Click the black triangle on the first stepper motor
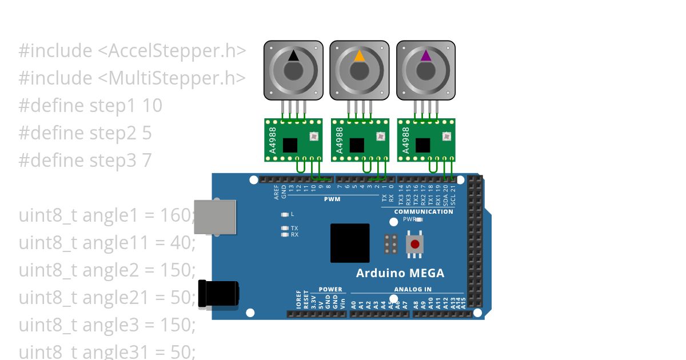[x=293, y=55]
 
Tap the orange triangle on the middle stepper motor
[x=360, y=55]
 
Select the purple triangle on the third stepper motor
[x=426, y=55]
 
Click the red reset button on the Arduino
[x=415, y=244]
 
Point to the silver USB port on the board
[x=214, y=217]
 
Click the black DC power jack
[x=218, y=294]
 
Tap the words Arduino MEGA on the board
[x=400, y=273]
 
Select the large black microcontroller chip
[x=350, y=243]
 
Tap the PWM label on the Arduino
[x=332, y=199]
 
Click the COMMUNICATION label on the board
[x=424, y=211]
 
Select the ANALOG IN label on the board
[x=413, y=289]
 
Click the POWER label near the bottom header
[x=330, y=289]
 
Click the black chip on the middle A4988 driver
[x=357, y=145]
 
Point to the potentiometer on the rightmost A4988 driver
[x=446, y=136]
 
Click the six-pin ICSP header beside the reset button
[x=391, y=244]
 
